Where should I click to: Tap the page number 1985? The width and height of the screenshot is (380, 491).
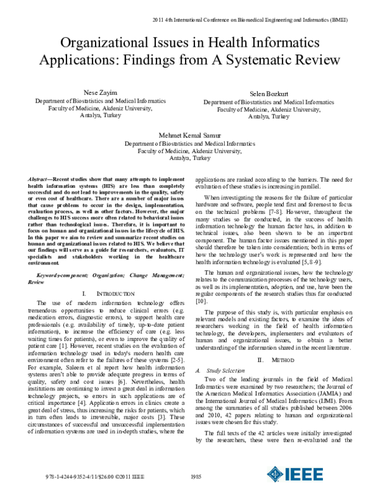[196, 476]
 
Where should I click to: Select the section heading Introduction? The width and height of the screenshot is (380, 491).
[109, 294]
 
